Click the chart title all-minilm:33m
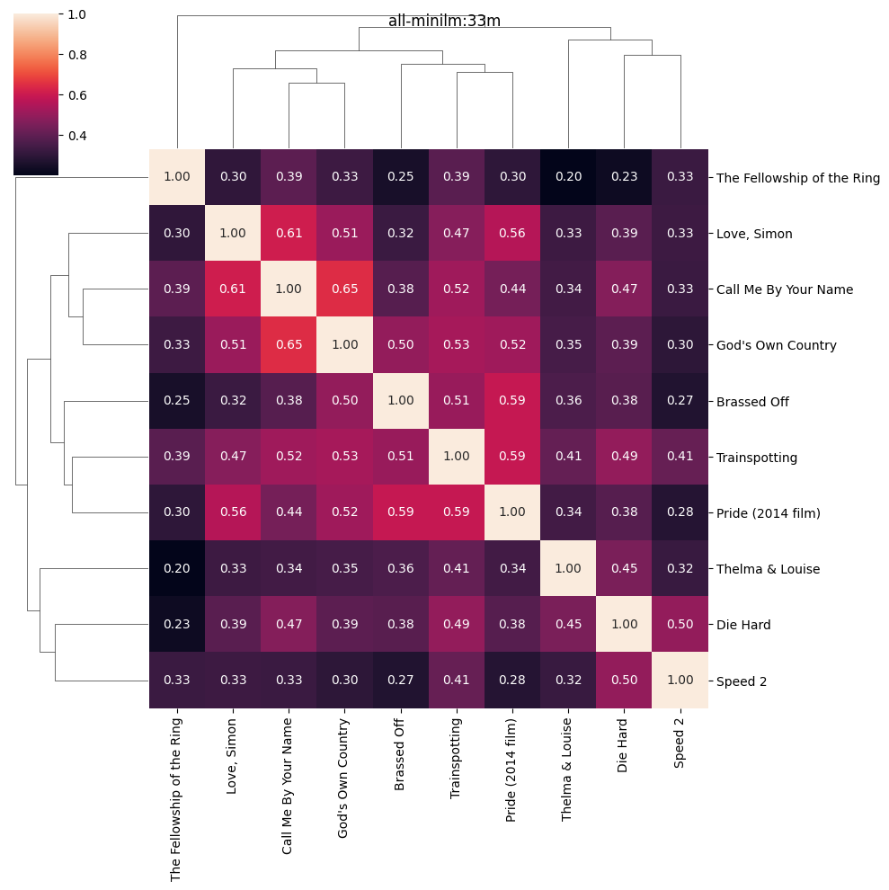coord(444,21)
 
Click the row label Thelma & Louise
coord(768,569)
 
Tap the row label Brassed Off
coord(752,402)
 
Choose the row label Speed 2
coord(742,681)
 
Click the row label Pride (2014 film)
coord(769,512)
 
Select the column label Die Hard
coord(624,745)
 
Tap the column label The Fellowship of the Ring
coord(176,798)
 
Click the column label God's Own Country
coord(344,779)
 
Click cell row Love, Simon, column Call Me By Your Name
coord(289,234)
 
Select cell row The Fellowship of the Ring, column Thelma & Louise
coord(568,177)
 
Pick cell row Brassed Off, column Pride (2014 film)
coord(512,402)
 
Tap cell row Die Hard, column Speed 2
coord(680,625)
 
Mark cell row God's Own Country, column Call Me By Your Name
coord(289,345)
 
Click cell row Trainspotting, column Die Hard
coord(624,457)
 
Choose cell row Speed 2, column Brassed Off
coord(400,681)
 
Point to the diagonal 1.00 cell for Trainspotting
coord(457,457)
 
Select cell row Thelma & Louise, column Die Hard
coord(624,569)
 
